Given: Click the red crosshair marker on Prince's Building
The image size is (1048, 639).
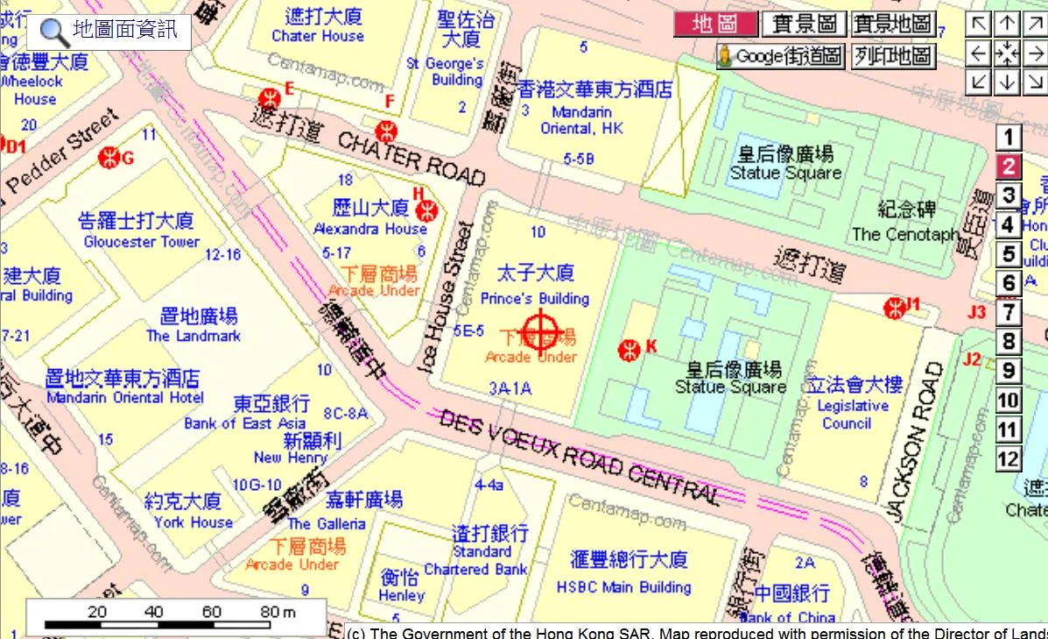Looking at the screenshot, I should [540, 330].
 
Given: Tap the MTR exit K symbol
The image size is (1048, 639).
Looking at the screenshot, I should [628, 350].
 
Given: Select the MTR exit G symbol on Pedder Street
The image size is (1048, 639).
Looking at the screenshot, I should [109, 158].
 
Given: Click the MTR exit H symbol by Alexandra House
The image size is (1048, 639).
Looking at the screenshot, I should [427, 209].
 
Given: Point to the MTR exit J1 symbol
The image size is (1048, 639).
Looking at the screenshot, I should [894, 307].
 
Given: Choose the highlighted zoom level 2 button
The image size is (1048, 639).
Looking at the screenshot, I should [1009, 167].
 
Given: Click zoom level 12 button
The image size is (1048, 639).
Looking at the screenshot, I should [1009, 458].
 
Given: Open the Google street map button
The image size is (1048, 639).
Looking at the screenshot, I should [780, 57].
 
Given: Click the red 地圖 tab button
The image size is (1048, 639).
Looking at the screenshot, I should [714, 24].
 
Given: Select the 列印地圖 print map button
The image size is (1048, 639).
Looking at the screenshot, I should [894, 57].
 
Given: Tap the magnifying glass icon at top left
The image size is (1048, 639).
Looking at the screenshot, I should [55, 32].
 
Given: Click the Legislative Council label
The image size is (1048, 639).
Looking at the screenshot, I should [852, 414].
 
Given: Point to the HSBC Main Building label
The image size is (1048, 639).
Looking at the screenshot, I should [623, 587].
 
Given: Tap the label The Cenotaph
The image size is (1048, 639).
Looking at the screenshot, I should [905, 234].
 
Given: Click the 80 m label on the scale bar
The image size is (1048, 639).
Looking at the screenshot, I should [277, 612].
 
